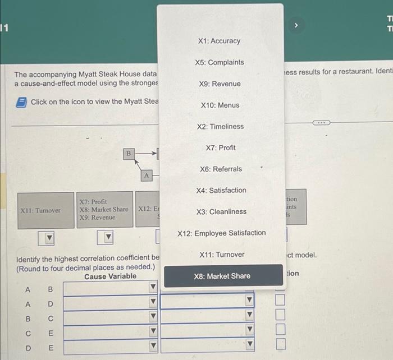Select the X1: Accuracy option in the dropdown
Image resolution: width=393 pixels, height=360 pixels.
pos(219,41)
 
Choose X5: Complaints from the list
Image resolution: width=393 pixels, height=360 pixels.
pos(219,62)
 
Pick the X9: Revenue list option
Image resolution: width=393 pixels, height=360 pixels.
pos(219,84)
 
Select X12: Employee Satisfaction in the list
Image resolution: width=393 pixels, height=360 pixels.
pos(221,233)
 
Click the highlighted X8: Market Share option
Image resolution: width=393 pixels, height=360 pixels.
pos(222,276)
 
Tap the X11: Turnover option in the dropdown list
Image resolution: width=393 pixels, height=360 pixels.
pos(221,255)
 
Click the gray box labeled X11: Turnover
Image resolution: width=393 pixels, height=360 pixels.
pos(40,210)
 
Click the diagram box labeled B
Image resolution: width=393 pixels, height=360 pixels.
pos(128,153)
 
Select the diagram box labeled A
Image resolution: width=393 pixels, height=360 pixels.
pos(146,176)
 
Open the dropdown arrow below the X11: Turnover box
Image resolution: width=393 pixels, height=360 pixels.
pos(49,239)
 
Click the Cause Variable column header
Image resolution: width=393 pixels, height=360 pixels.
pos(110,276)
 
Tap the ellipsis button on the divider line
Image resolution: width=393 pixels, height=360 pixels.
pos(321,122)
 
